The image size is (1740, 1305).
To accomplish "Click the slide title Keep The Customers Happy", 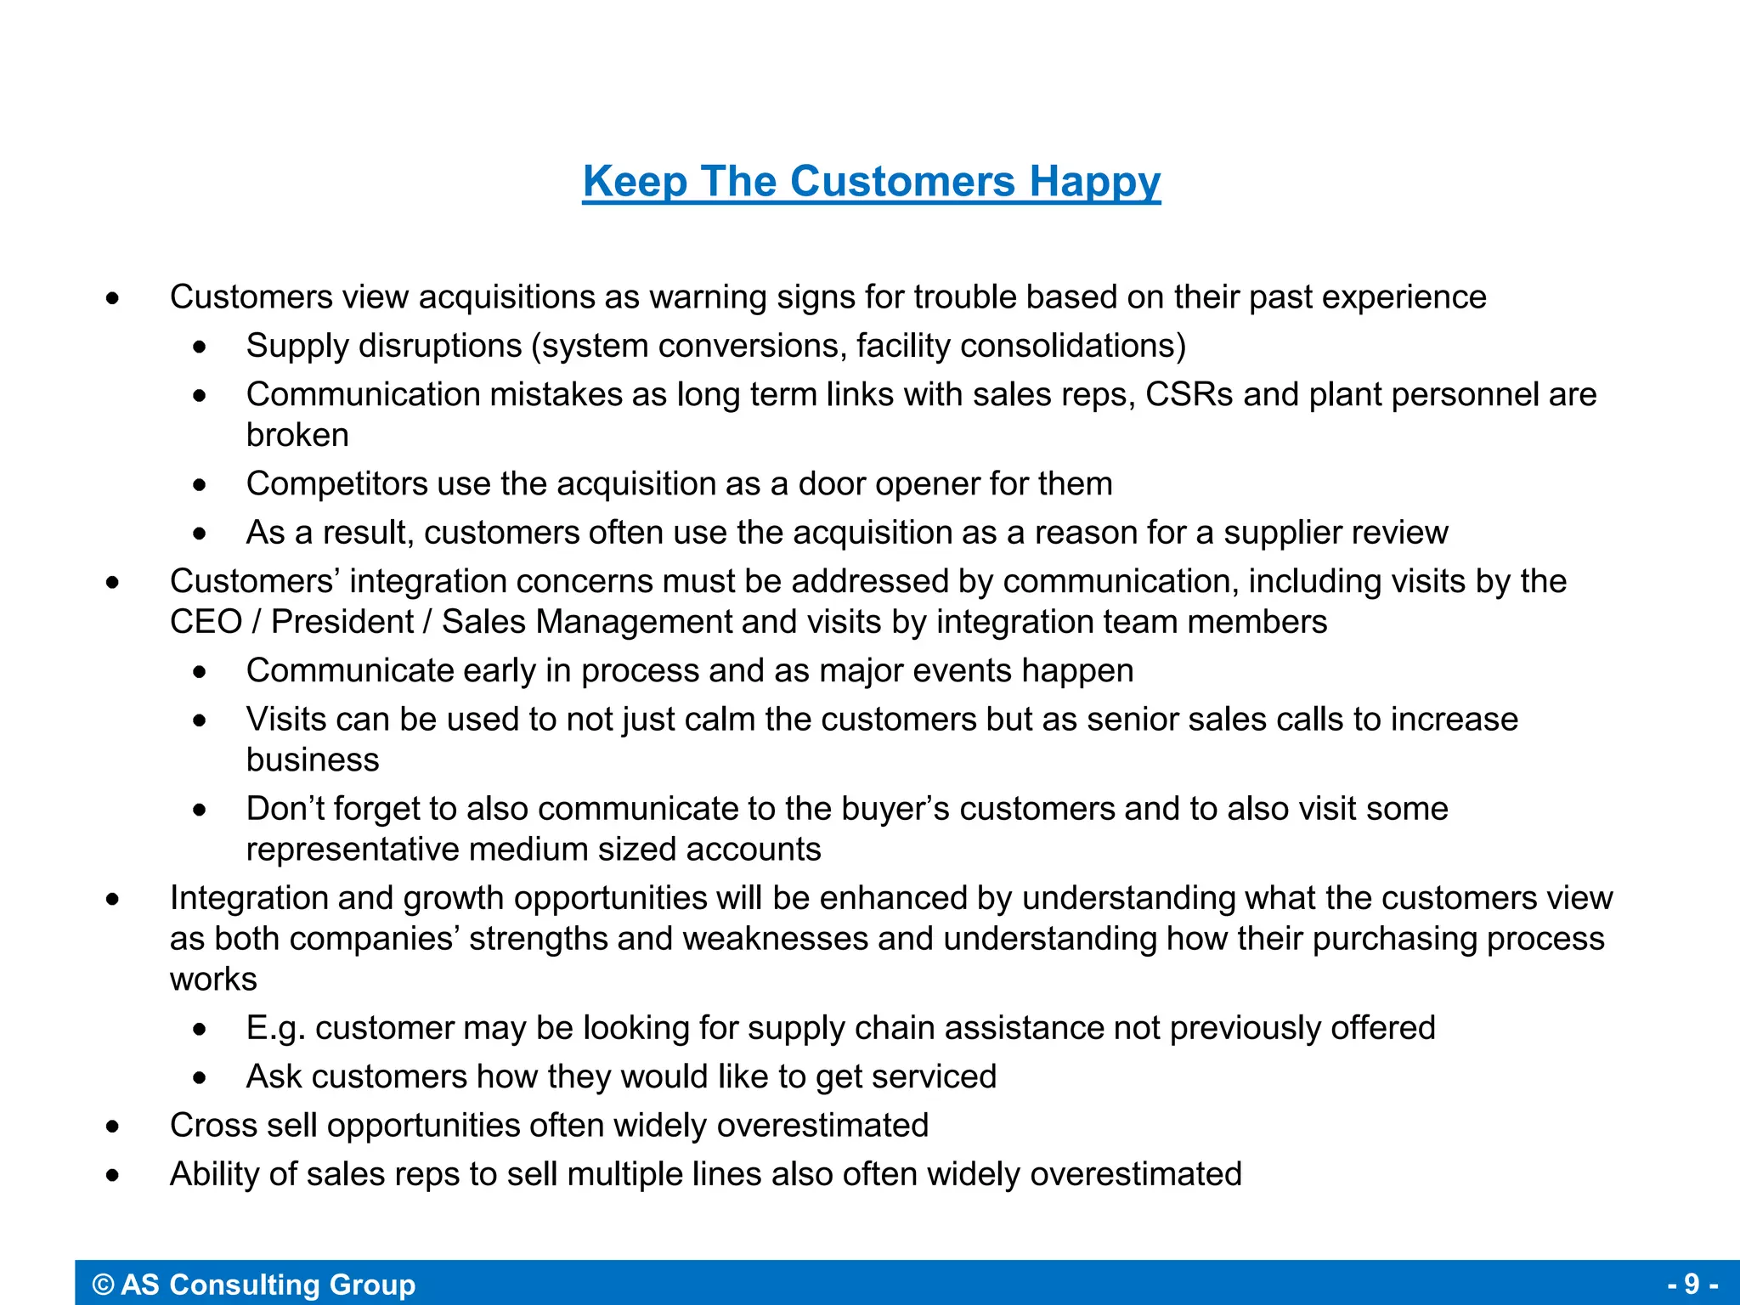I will tap(871, 182).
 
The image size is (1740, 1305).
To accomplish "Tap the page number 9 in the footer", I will tap(1692, 1283).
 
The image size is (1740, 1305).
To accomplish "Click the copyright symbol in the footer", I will tap(103, 1284).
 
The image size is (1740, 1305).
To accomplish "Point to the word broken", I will tap(297, 435).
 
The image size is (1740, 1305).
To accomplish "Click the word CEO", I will tap(206, 622).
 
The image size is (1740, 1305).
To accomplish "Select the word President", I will tap(342, 622).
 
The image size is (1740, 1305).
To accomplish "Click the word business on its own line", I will tap(313, 760).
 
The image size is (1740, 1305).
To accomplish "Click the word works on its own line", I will tap(213, 979).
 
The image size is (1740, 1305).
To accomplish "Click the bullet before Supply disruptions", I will tap(200, 347).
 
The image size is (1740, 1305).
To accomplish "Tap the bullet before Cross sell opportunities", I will tap(113, 1127).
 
